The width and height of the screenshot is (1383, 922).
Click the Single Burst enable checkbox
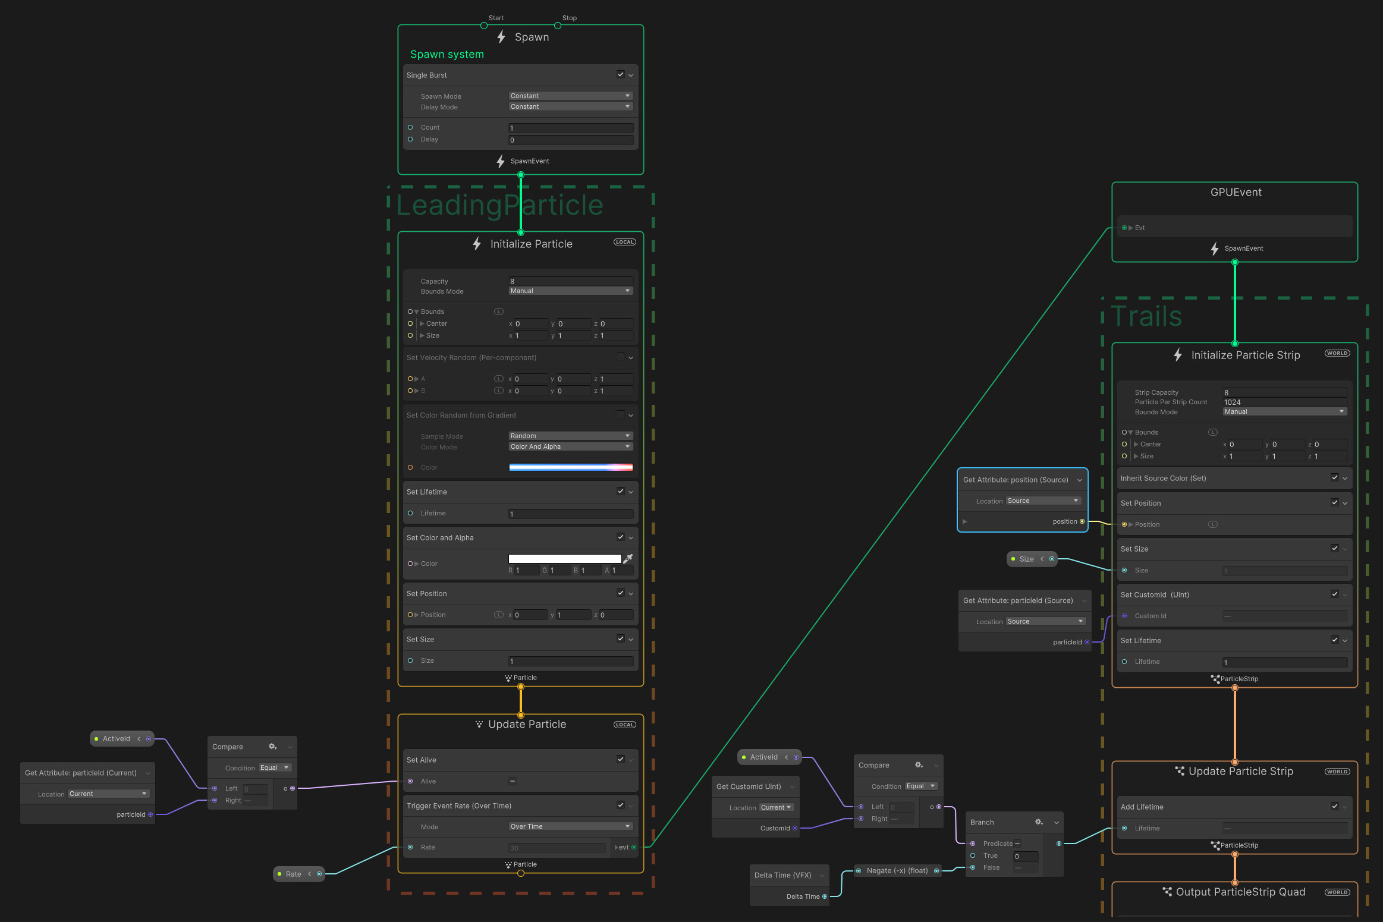[x=620, y=74]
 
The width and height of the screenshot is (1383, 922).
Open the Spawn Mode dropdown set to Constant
[x=570, y=96]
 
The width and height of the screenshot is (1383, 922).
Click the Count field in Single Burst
[x=570, y=128]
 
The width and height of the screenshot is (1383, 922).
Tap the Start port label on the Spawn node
[x=496, y=18]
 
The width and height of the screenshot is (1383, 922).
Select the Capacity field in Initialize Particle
[x=570, y=281]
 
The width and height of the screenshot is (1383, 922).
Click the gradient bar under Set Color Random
[x=570, y=467]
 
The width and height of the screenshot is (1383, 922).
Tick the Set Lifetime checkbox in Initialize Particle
[x=620, y=491]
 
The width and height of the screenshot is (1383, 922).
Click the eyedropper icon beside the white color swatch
[x=628, y=558]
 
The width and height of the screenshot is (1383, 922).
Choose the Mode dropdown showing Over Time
[x=570, y=826]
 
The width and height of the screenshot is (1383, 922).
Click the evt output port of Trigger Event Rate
[x=633, y=847]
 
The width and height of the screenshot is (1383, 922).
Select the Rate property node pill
[x=294, y=874]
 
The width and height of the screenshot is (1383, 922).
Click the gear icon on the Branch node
[x=1039, y=822]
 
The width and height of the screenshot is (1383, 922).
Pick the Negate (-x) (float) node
[x=897, y=871]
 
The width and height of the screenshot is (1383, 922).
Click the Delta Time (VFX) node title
[x=782, y=875]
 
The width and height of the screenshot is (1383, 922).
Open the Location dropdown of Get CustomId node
[x=776, y=807]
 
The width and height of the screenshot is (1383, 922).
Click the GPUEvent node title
[x=1236, y=192]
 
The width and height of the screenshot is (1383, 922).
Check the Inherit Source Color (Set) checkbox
[x=1334, y=477]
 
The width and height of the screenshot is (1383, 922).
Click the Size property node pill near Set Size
[x=1027, y=559]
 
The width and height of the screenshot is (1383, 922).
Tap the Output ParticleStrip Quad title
[x=1240, y=892]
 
